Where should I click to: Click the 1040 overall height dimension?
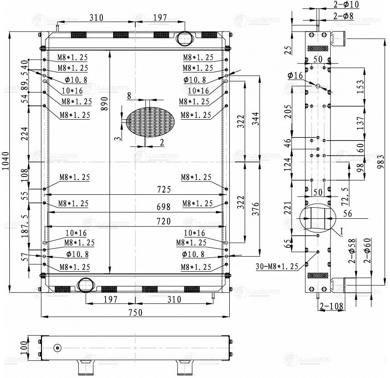pos(5,161)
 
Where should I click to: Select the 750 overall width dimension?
pos(135,312)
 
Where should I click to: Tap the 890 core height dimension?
pos(105,104)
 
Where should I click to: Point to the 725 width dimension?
pos(164,189)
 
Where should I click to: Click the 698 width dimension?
pos(163,207)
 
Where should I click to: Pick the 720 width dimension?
pos(164,221)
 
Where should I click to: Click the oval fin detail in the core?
pos(150,122)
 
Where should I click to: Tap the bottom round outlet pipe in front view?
pos(86,285)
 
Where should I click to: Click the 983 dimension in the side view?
pos(381,162)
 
